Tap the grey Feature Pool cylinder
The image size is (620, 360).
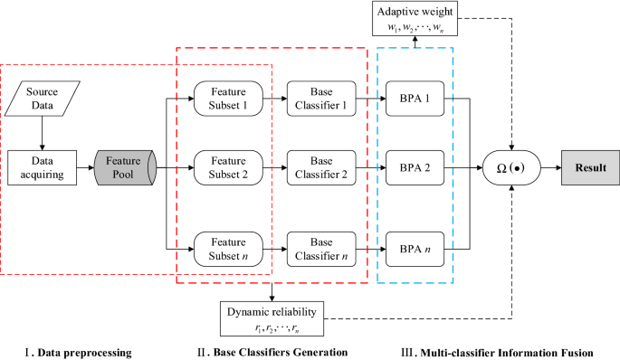(123, 167)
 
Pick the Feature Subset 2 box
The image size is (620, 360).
(227, 167)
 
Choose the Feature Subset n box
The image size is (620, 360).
(227, 246)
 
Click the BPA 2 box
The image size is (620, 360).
(415, 167)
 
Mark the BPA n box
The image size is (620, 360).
(415, 246)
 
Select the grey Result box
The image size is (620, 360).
(587, 167)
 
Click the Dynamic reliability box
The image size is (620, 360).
(272, 317)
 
